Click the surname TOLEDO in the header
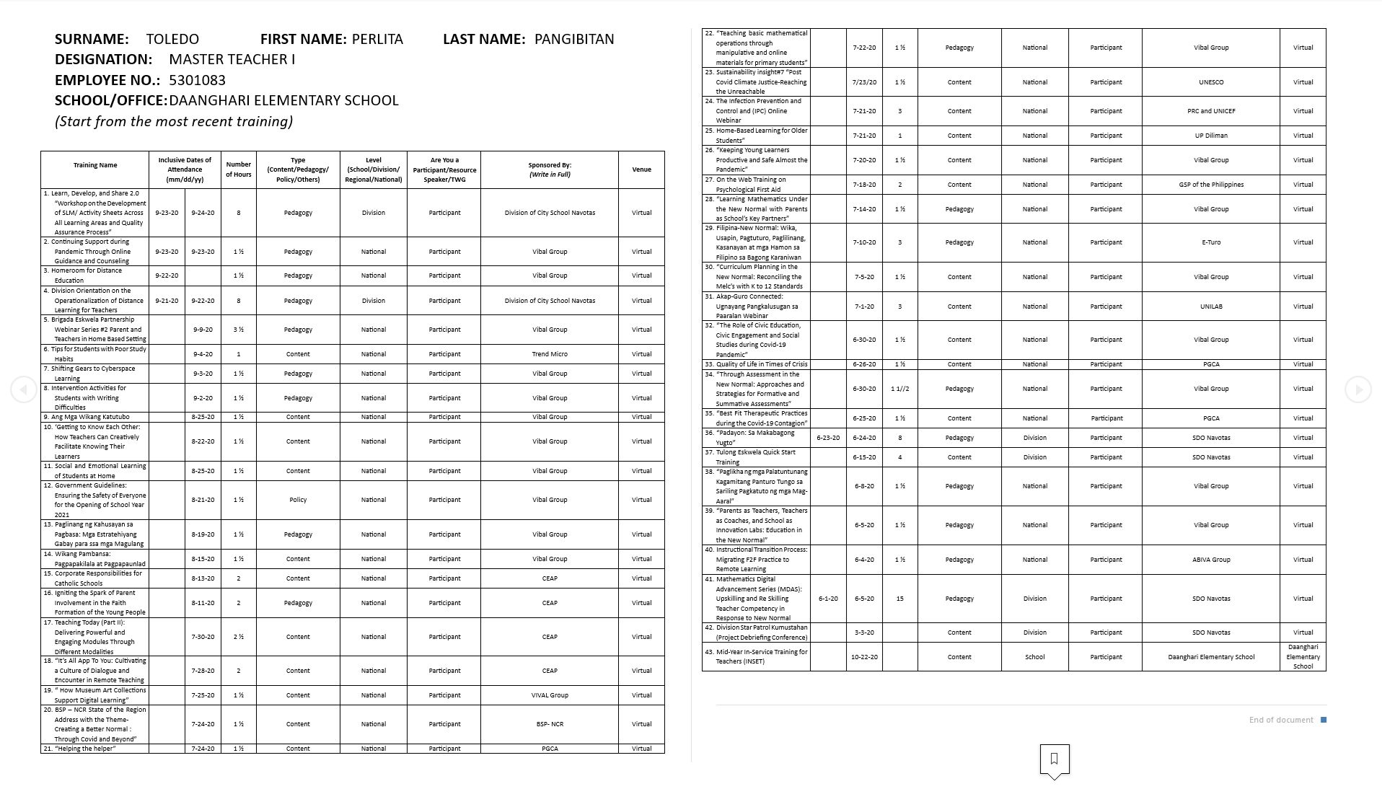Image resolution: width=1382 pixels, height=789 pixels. (172, 39)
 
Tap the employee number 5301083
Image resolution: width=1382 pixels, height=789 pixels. (197, 80)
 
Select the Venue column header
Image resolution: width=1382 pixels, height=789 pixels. (641, 169)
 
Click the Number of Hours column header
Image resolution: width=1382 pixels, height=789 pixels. (238, 169)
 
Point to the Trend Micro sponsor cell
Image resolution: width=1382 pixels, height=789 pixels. (550, 354)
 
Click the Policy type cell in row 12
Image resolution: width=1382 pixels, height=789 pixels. (298, 500)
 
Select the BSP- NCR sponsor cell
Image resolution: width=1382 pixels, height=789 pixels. (550, 724)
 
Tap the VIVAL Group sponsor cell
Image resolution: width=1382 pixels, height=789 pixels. (550, 695)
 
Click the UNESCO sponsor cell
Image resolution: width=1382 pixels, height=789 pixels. (1211, 82)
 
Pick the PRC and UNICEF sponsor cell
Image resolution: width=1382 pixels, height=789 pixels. (1211, 111)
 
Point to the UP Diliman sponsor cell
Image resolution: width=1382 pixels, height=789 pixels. (1211, 136)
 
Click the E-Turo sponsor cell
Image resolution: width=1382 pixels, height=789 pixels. (1211, 242)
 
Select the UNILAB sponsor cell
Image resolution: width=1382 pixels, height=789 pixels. (1211, 307)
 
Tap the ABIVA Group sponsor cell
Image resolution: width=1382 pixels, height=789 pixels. (1211, 560)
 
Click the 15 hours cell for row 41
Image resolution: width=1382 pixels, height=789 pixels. (899, 599)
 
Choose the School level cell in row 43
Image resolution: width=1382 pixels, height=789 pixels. (1034, 657)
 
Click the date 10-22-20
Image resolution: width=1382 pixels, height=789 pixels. (863, 657)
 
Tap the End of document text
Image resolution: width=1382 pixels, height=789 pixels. (1281, 720)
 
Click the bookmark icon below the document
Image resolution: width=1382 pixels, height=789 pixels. (1054, 759)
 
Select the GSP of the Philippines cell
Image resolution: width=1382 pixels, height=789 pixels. (1211, 185)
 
